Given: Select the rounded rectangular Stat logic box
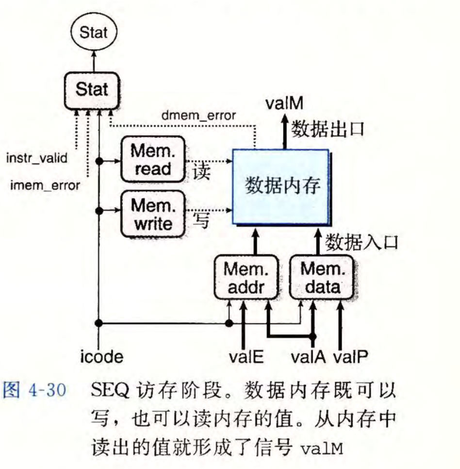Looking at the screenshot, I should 92,90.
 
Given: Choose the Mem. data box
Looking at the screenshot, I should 321,278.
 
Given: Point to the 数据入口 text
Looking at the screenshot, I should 361,242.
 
